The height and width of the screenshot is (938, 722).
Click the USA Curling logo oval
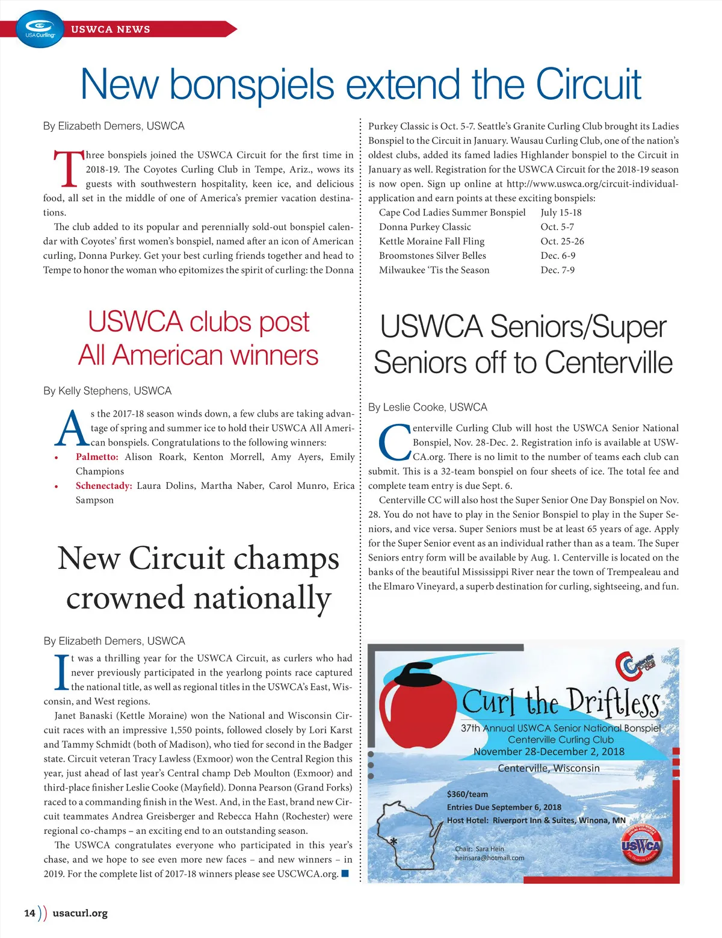point(40,29)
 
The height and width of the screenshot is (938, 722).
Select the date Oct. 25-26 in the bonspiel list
point(562,241)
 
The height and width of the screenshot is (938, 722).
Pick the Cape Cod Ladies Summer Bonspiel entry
point(452,213)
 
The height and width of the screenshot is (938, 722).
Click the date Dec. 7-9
point(557,270)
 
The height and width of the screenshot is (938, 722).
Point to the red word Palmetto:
point(97,457)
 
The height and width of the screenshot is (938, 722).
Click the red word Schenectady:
point(103,486)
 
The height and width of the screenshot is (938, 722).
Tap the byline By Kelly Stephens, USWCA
point(107,391)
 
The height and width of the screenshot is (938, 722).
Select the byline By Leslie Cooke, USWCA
point(427,408)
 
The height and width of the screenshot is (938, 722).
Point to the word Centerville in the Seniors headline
point(608,363)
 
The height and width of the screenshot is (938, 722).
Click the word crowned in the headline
point(125,598)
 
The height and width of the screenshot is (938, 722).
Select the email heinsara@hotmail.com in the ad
point(489,858)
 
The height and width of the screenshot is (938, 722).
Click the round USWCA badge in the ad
point(641,846)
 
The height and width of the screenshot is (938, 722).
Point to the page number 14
point(29,913)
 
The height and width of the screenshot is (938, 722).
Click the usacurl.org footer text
point(80,913)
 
